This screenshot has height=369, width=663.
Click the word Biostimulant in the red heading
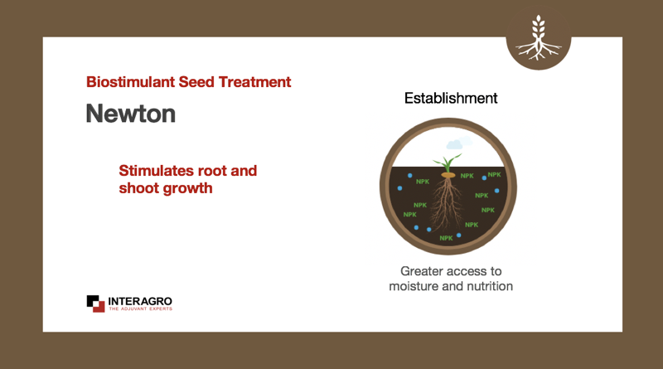tap(130, 81)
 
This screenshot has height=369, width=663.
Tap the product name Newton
tap(131, 114)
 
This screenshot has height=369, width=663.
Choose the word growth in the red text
tap(186, 189)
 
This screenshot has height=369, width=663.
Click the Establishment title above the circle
tap(451, 98)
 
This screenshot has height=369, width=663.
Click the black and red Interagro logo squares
tap(95, 303)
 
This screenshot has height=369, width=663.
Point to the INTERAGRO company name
tap(140, 301)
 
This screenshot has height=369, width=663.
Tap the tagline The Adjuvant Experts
tap(140, 309)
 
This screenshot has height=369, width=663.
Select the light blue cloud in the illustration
tap(459, 143)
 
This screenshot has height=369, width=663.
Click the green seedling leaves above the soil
tap(447, 163)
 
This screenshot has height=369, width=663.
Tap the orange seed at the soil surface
tap(448, 175)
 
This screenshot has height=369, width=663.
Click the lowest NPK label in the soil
tap(446, 238)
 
